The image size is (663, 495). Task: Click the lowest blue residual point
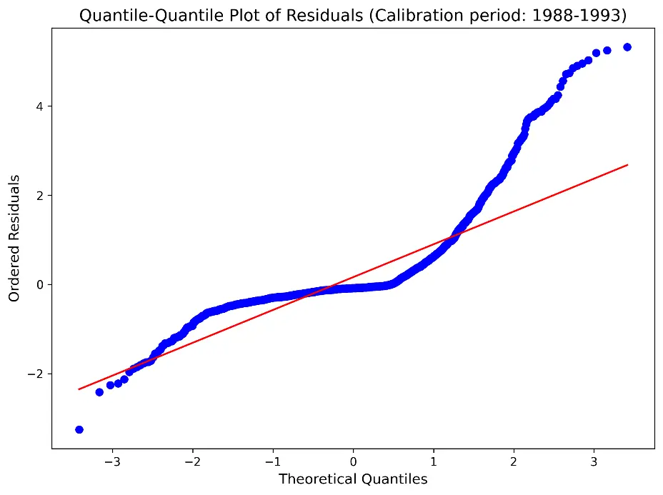click(x=79, y=430)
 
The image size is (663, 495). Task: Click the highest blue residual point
click(x=627, y=47)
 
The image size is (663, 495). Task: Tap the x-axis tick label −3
click(x=112, y=461)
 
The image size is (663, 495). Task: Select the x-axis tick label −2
click(x=193, y=461)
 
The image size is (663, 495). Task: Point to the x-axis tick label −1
click(x=273, y=461)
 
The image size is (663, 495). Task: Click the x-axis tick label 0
click(x=354, y=461)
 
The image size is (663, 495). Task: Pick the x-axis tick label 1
click(x=434, y=461)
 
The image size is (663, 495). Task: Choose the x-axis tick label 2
click(x=514, y=461)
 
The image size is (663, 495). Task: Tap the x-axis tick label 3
click(x=594, y=461)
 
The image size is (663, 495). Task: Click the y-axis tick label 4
click(x=40, y=106)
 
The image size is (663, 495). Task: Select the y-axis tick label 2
click(x=40, y=196)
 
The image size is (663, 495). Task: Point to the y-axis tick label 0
click(x=40, y=285)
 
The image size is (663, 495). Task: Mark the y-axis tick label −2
click(x=36, y=374)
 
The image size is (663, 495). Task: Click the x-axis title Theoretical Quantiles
click(x=353, y=479)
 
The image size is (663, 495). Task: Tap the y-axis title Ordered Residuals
click(x=14, y=239)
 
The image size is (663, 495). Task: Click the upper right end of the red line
click(x=628, y=164)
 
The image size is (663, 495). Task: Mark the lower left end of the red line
click(x=79, y=389)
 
